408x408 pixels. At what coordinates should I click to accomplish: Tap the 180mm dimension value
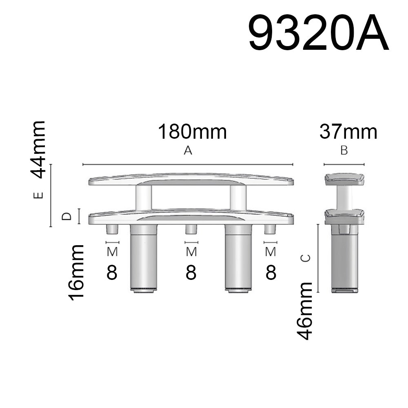[192, 132]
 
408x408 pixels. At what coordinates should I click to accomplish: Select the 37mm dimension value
[348, 132]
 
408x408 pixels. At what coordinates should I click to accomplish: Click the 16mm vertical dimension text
[76, 273]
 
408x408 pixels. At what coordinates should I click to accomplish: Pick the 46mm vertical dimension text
[305, 311]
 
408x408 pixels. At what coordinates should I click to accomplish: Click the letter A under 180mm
[188, 151]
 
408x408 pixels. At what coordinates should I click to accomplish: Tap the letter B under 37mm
[344, 151]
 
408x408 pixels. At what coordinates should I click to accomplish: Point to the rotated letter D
[67, 216]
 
